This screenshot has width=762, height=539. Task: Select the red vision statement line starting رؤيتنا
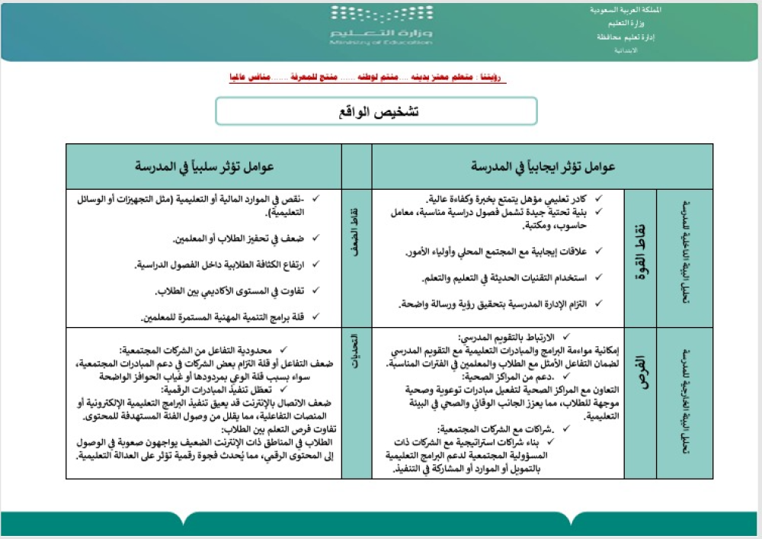click(367, 79)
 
